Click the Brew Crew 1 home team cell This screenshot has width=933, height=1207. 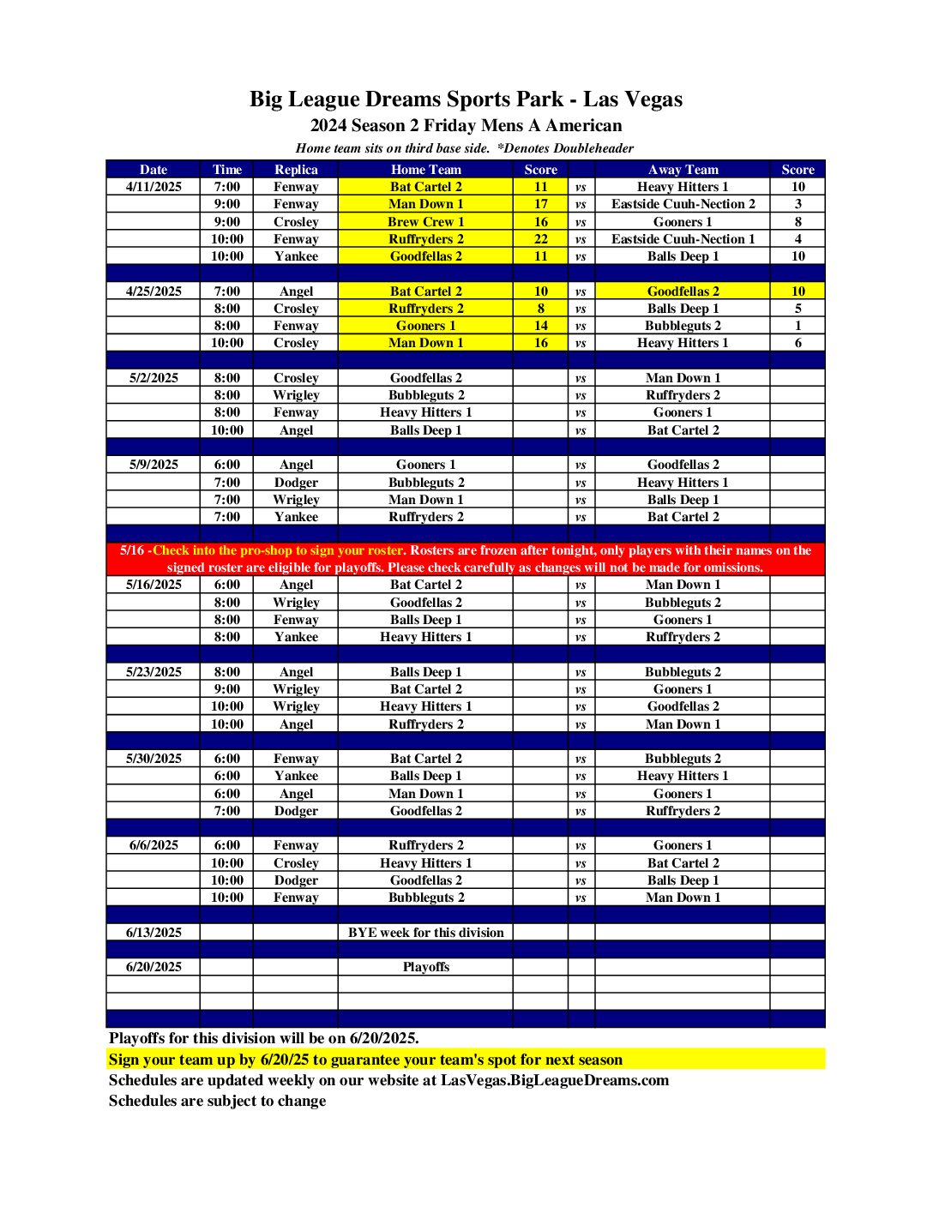[425, 222]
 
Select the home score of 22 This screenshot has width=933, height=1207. [540, 239]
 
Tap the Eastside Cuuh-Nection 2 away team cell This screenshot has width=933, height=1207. [683, 204]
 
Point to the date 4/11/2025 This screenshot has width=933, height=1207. [153, 187]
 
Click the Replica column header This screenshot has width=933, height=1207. [296, 170]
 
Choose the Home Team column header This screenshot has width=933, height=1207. [425, 170]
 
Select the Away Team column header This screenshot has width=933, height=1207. [683, 170]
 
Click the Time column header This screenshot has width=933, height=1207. [227, 170]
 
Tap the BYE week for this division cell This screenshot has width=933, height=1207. [425, 933]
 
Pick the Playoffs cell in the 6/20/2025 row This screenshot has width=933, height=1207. [425, 967]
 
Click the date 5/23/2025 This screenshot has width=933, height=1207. [153, 672]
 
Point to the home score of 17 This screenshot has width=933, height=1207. [540, 204]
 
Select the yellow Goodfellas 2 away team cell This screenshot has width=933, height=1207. [683, 291]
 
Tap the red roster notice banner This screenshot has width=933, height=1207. [466, 559]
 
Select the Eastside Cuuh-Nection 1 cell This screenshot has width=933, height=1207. [683, 239]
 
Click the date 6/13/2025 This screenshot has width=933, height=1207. [153, 933]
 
